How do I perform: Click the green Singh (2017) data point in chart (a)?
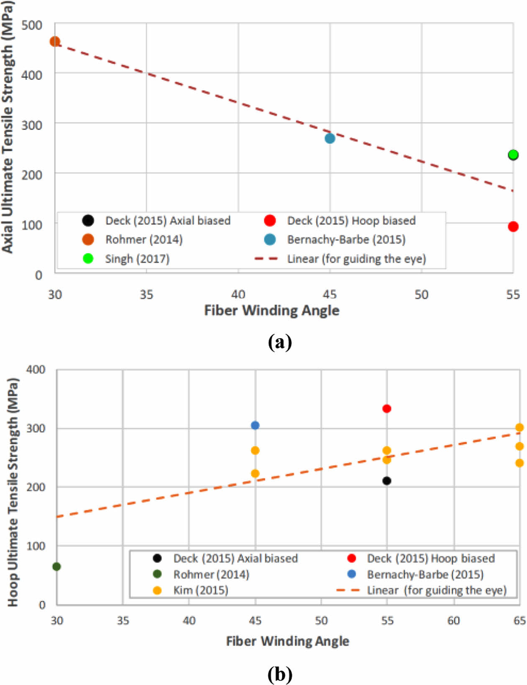pos(513,155)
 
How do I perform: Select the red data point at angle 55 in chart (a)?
pos(513,227)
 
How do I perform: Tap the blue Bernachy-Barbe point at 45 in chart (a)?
pos(330,138)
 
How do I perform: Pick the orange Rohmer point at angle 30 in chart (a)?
pos(55,41)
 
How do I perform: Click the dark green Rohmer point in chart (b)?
pos(56,567)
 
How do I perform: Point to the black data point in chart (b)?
pos(387,481)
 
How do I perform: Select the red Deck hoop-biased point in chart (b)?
pos(387,409)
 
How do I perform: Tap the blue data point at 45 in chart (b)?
pos(255,425)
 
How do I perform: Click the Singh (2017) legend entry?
pos(137,259)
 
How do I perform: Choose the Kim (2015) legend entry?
pos(201,591)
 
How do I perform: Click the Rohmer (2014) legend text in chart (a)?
pos(144,239)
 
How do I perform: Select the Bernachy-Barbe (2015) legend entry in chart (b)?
pos(425,575)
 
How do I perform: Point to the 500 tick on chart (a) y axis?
pos(32,25)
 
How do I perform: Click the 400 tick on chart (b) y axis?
pos(36,369)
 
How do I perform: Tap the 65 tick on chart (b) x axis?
pos(519,621)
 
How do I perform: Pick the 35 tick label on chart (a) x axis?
pos(146,295)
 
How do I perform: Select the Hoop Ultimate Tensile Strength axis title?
pos(13,492)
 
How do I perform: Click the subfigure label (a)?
pos(279,342)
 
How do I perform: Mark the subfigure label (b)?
pos(279,674)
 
